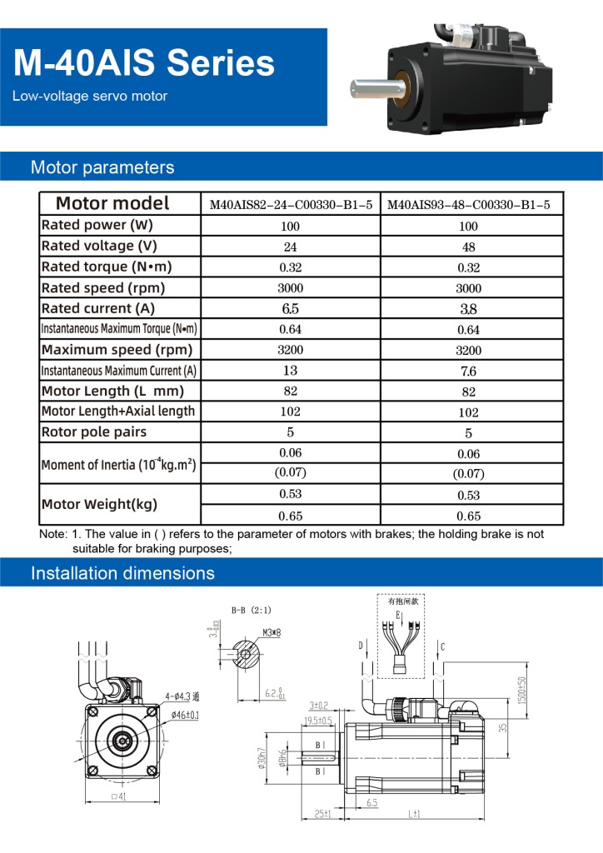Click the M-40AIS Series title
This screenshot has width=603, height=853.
click(144, 62)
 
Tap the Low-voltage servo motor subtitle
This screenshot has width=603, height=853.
click(90, 96)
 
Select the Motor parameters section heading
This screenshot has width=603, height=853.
click(102, 167)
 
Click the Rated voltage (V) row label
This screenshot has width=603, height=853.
click(99, 246)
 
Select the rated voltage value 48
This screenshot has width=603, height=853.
click(469, 247)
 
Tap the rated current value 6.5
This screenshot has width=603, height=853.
click(290, 309)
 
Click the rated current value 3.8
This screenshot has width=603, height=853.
click(469, 309)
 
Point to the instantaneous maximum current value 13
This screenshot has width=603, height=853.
click(290, 371)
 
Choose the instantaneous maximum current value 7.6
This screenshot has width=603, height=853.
click(469, 372)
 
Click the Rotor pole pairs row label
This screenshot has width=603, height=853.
click(94, 432)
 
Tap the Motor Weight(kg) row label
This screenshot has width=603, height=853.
click(99, 504)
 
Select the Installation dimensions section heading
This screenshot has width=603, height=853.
click(122, 573)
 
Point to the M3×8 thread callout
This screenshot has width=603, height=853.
click(272, 633)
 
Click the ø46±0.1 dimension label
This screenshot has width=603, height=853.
click(185, 715)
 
